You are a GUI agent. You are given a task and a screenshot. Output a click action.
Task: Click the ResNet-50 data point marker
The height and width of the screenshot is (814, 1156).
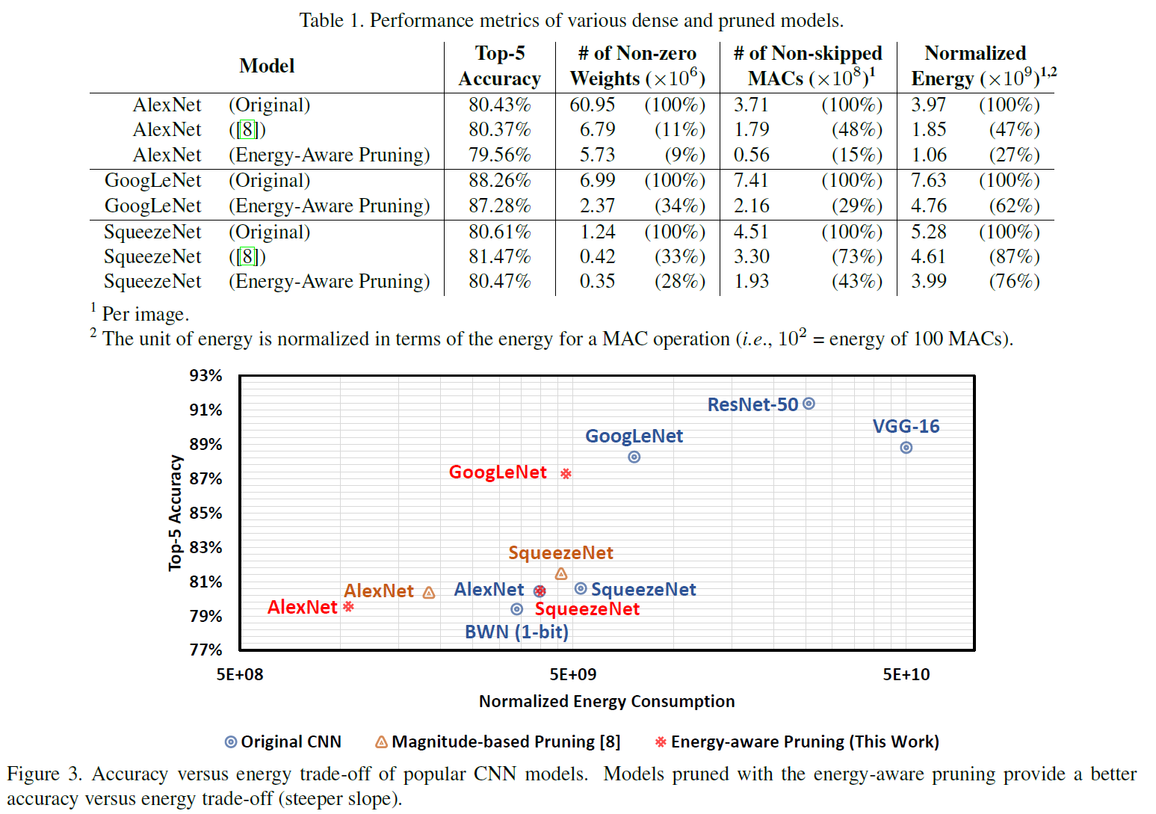click(x=809, y=404)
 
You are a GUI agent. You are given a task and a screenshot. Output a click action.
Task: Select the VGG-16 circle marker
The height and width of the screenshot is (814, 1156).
click(x=906, y=448)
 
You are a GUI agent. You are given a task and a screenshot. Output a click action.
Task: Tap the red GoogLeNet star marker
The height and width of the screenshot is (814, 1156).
click(x=566, y=473)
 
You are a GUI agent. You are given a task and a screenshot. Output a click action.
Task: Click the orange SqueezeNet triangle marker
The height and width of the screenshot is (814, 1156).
click(x=561, y=574)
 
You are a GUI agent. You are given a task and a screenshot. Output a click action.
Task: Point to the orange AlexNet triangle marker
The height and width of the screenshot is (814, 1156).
click(x=429, y=593)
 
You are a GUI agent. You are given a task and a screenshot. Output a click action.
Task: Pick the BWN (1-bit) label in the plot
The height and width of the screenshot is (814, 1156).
click(x=516, y=632)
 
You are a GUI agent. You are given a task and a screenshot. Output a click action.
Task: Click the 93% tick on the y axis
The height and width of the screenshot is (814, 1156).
click(x=205, y=375)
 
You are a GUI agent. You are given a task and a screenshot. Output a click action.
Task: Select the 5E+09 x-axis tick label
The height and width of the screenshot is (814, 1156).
click(x=573, y=674)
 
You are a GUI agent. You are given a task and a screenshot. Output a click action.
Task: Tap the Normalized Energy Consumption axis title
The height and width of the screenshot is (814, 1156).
click(x=607, y=701)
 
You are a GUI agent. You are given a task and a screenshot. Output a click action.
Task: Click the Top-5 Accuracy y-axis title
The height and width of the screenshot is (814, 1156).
click(x=175, y=513)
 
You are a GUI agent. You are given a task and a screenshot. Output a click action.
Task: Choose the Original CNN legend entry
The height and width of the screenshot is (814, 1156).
click(x=283, y=741)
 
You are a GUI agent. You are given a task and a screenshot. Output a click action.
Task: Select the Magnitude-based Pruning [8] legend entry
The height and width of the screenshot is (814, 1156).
click(x=498, y=741)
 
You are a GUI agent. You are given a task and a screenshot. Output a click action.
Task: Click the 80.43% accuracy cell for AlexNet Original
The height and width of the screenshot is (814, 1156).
click(x=499, y=105)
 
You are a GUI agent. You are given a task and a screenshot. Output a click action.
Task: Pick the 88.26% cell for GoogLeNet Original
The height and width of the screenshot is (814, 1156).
click(x=499, y=180)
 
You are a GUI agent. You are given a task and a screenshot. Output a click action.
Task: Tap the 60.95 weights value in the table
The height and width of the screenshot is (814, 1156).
click(x=592, y=105)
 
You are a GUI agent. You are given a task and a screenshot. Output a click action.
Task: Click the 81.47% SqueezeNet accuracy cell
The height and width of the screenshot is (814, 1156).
click(x=499, y=256)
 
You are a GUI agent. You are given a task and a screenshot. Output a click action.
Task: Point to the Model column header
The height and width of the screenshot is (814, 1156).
click(x=267, y=66)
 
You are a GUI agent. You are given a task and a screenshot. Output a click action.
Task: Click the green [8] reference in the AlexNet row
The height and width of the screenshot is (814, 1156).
click(x=247, y=129)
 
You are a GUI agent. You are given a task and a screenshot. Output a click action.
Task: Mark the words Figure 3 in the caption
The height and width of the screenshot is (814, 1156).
click(x=43, y=774)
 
